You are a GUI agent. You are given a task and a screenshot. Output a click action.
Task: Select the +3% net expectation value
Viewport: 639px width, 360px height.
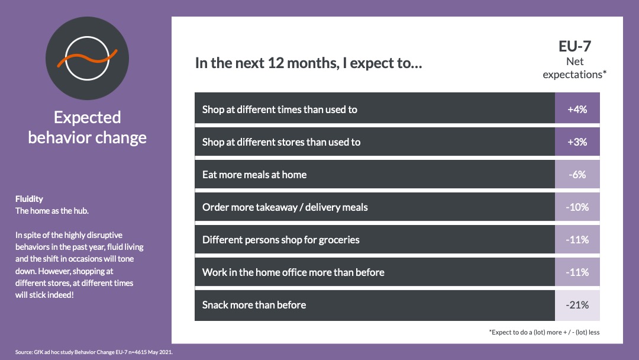[577, 142]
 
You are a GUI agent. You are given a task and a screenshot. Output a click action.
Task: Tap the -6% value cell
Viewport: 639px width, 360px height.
[577, 175]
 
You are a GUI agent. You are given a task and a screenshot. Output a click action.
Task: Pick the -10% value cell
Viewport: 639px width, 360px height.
[577, 207]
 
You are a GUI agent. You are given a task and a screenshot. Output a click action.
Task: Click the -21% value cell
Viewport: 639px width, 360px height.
[577, 305]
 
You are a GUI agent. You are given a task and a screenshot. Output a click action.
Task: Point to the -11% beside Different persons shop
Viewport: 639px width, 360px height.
[577, 240]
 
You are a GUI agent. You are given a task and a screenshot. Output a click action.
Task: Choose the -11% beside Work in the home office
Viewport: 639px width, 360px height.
[577, 272]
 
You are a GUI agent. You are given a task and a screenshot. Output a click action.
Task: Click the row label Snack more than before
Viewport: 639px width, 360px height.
[254, 305]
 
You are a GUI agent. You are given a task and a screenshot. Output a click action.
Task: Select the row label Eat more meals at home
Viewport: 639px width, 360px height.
[254, 175]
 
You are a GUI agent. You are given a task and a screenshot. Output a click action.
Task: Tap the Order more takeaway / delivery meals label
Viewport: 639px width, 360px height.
[285, 207]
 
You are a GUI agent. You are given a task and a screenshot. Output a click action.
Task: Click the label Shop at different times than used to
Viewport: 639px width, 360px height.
[279, 110]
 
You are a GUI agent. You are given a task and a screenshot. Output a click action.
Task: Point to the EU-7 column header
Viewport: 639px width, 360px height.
[575, 46]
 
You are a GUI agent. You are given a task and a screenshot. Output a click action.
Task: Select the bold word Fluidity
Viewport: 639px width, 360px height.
[29, 199]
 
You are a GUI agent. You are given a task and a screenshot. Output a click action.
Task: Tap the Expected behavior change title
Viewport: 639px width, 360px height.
[87, 127]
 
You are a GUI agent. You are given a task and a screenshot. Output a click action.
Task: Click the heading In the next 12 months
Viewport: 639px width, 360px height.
[308, 63]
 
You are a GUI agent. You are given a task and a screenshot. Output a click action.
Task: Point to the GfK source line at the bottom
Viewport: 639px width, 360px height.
[94, 352]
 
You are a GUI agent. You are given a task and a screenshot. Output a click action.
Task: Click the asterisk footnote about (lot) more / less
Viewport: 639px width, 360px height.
[544, 332]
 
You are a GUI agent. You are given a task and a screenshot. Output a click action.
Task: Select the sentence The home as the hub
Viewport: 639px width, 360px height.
[51, 211]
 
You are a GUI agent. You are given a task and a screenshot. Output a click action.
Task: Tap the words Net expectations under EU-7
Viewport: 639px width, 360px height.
[575, 68]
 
